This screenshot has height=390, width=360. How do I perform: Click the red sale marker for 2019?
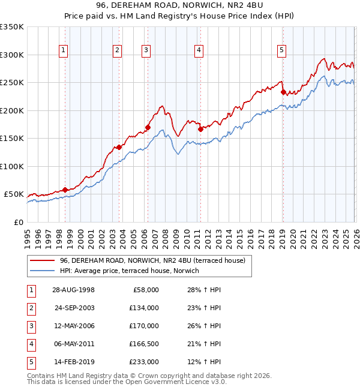tap(283, 92)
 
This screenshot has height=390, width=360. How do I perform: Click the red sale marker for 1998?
tap(65, 190)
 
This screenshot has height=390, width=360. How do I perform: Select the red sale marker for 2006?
tap(148, 127)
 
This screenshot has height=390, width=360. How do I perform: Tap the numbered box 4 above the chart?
tap(199, 50)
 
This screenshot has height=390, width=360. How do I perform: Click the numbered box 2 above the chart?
tap(118, 50)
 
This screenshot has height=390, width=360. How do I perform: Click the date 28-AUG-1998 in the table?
tap(73, 290)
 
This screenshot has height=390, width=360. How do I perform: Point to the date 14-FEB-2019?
tap(73, 362)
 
